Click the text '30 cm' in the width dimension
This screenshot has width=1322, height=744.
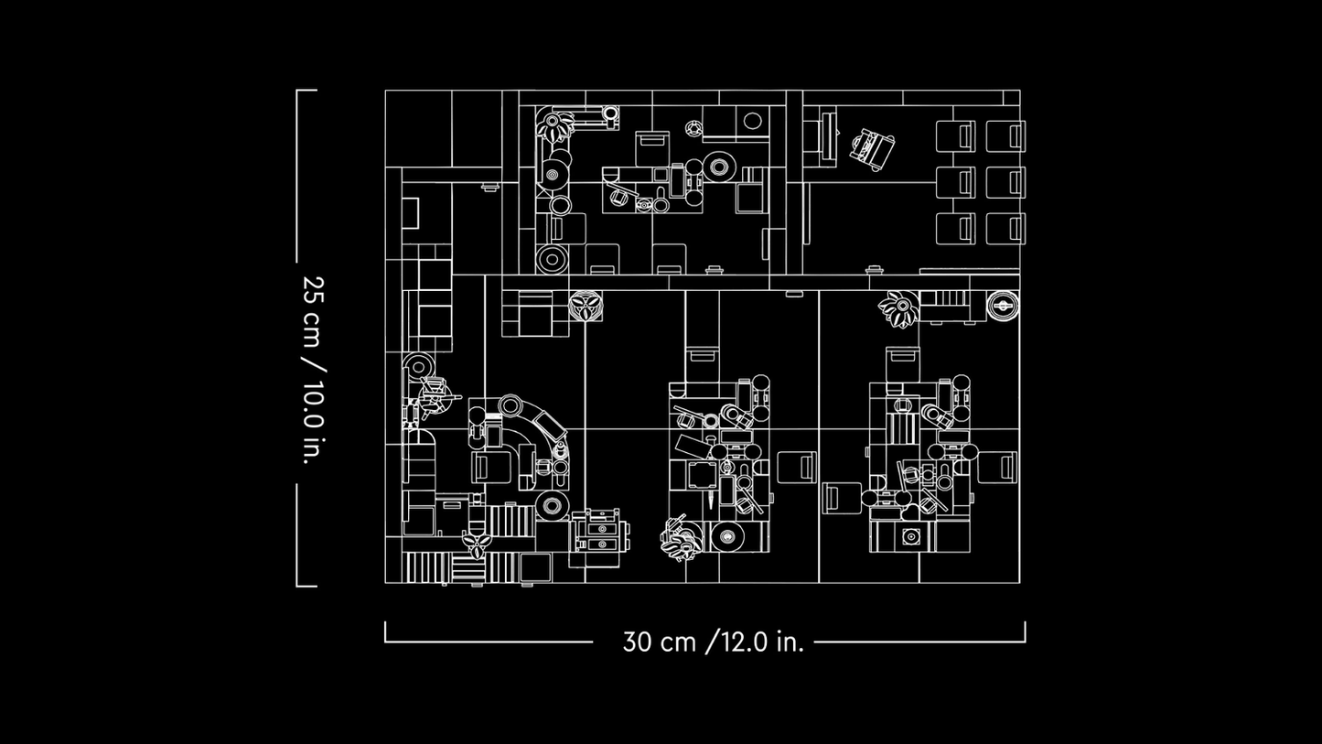click(x=660, y=642)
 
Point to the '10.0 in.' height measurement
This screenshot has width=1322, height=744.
click(x=313, y=423)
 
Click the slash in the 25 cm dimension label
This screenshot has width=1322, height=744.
click(x=313, y=364)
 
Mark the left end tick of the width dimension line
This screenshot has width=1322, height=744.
click(x=385, y=631)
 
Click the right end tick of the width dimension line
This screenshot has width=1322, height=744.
click(x=1026, y=631)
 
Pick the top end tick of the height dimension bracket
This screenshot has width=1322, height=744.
click(x=306, y=91)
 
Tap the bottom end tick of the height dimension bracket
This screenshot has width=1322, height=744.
click(x=306, y=587)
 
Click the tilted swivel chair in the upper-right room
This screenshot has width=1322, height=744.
click(x=872, y=149)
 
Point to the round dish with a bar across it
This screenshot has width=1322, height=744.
click(x=1003, y=306)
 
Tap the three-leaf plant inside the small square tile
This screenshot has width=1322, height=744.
click(x=586, y=307)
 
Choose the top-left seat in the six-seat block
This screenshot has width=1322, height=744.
click(x=955, y=135)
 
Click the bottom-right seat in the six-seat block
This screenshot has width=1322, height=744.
click(x=1005, y=229)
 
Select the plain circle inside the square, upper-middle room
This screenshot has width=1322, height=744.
click(x=752, y=121)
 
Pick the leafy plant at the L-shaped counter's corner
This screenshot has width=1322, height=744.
click(x=554, y=124)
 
